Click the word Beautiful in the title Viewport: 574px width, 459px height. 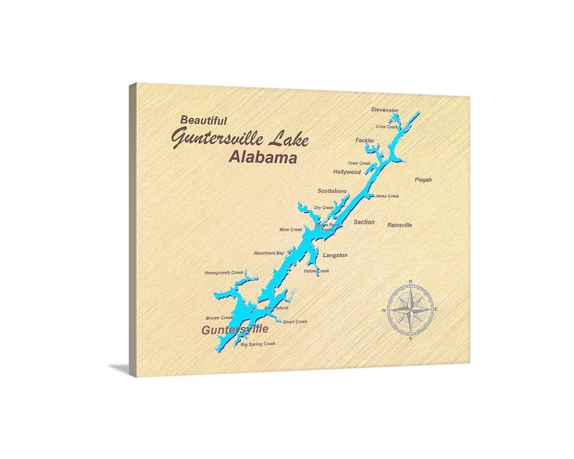204,121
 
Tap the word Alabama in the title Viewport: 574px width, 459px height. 263,157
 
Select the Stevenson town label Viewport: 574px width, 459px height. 384,110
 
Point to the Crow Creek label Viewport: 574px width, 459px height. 386,127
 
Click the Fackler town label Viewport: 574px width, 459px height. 365,141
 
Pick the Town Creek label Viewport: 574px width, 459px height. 359,163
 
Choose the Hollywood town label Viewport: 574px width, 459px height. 347,172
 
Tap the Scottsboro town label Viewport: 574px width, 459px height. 332,191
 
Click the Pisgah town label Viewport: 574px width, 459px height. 423,180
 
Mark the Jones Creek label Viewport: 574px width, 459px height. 387,196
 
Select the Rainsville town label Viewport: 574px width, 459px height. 400,225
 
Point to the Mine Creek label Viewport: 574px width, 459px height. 291,230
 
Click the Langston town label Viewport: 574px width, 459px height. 335,256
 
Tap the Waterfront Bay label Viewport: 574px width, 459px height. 269,253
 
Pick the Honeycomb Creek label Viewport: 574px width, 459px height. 224,273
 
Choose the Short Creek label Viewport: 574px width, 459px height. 295,322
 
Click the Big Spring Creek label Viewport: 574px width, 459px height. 258,344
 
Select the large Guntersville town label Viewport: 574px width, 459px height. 234,330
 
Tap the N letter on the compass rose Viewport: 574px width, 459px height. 410,282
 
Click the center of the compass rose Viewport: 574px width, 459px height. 410,310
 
